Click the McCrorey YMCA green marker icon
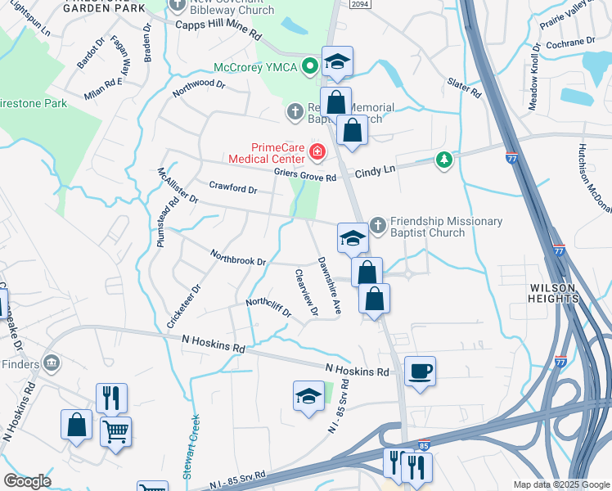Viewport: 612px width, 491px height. [309, 66]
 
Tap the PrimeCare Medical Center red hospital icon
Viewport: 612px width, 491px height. [316, 151]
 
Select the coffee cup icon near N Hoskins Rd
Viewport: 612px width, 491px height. [420, 371]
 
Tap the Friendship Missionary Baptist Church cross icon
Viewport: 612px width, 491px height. [378, 223]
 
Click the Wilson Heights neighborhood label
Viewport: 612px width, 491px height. [555, 293]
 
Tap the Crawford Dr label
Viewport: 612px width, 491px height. [233, 187]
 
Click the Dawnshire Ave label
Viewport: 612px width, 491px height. [329, 286]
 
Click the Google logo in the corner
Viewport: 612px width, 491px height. [27, 481]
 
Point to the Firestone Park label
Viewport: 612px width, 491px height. [33, 104]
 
